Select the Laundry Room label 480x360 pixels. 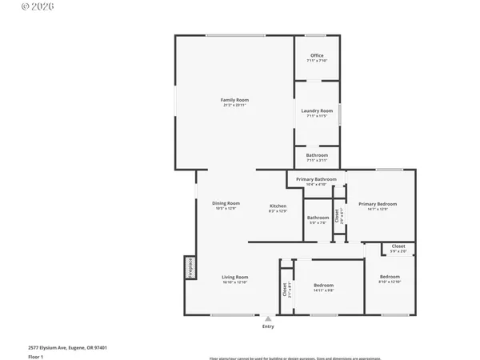tap(317, 113)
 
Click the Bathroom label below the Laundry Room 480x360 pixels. tap(317, 155)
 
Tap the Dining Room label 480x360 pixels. tap(226, 205)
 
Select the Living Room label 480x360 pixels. tap(235, 279)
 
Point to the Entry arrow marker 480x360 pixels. tap(268, 318)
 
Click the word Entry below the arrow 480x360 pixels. tap(268, 326)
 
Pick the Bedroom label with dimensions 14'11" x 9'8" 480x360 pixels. tap(324, 287)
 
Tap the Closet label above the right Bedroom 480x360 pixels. tap(398, 248)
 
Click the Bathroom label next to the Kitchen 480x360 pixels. tap(318, 219)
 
